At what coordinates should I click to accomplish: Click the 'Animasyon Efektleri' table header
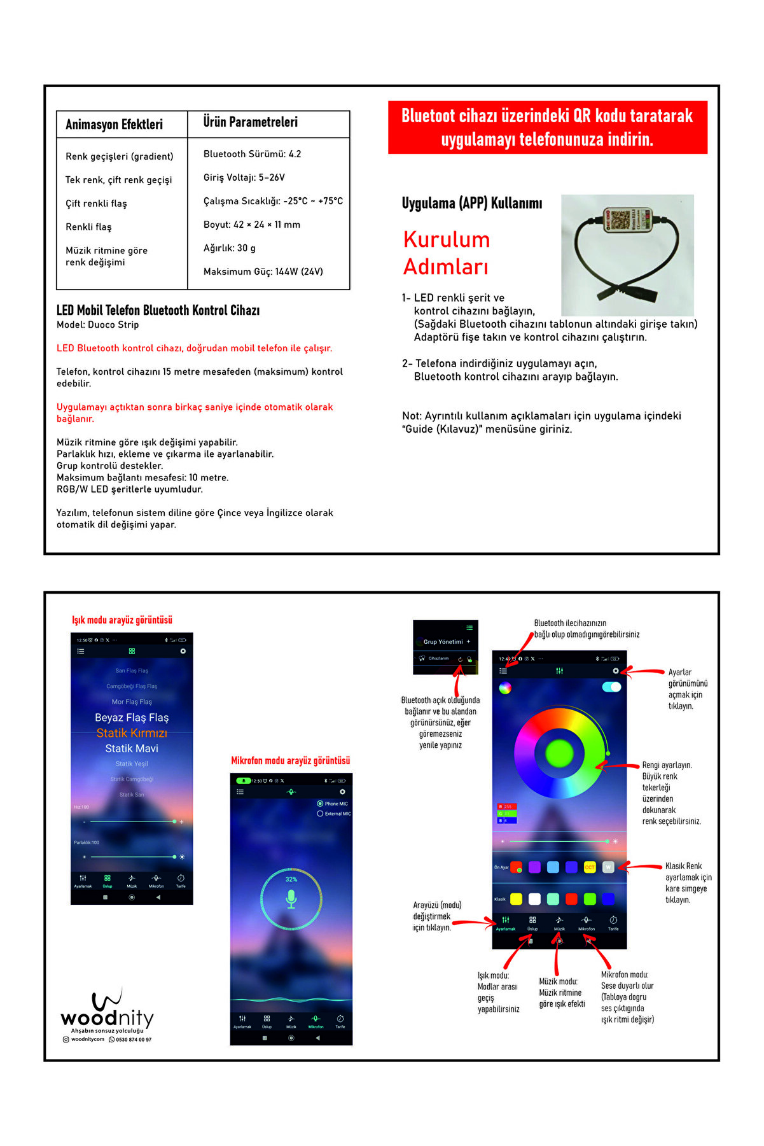tap(115, 125)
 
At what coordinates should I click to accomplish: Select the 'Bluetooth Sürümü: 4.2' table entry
tap(252, 154)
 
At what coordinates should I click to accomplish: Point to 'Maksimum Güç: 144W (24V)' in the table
tap(263, 272)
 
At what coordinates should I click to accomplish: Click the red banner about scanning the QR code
tap(547, 127)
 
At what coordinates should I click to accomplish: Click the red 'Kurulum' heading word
tap(447, 240)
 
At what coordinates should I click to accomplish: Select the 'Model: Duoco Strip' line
tap(97, 325)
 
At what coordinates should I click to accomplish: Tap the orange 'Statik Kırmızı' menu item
tap(132, 733)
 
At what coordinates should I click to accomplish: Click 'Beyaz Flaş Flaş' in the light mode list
tap(132, 718)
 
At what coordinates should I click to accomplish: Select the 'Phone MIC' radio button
tap(320, 804)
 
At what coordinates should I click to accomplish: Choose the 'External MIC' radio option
tap(320, 814)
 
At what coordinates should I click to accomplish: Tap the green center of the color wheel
tap(560, 753)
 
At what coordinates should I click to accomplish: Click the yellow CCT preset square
tap(590, 867)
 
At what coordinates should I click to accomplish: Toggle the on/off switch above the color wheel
tap(611, 687)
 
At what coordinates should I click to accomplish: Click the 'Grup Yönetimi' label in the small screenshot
tap(443, 642)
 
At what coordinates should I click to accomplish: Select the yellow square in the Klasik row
tap(516, 899)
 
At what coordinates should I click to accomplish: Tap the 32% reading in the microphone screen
tap(291, 879)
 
